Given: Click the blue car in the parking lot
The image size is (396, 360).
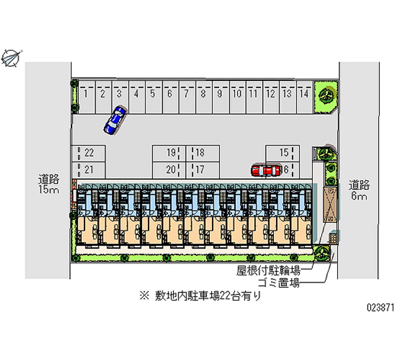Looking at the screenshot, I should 115,120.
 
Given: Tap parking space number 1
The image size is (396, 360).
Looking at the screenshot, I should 86,96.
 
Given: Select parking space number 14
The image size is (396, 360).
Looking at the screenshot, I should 304,96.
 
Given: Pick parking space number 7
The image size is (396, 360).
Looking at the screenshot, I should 186,96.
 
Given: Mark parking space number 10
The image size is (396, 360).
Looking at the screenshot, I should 237,96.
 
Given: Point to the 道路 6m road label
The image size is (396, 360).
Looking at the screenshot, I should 358,190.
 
